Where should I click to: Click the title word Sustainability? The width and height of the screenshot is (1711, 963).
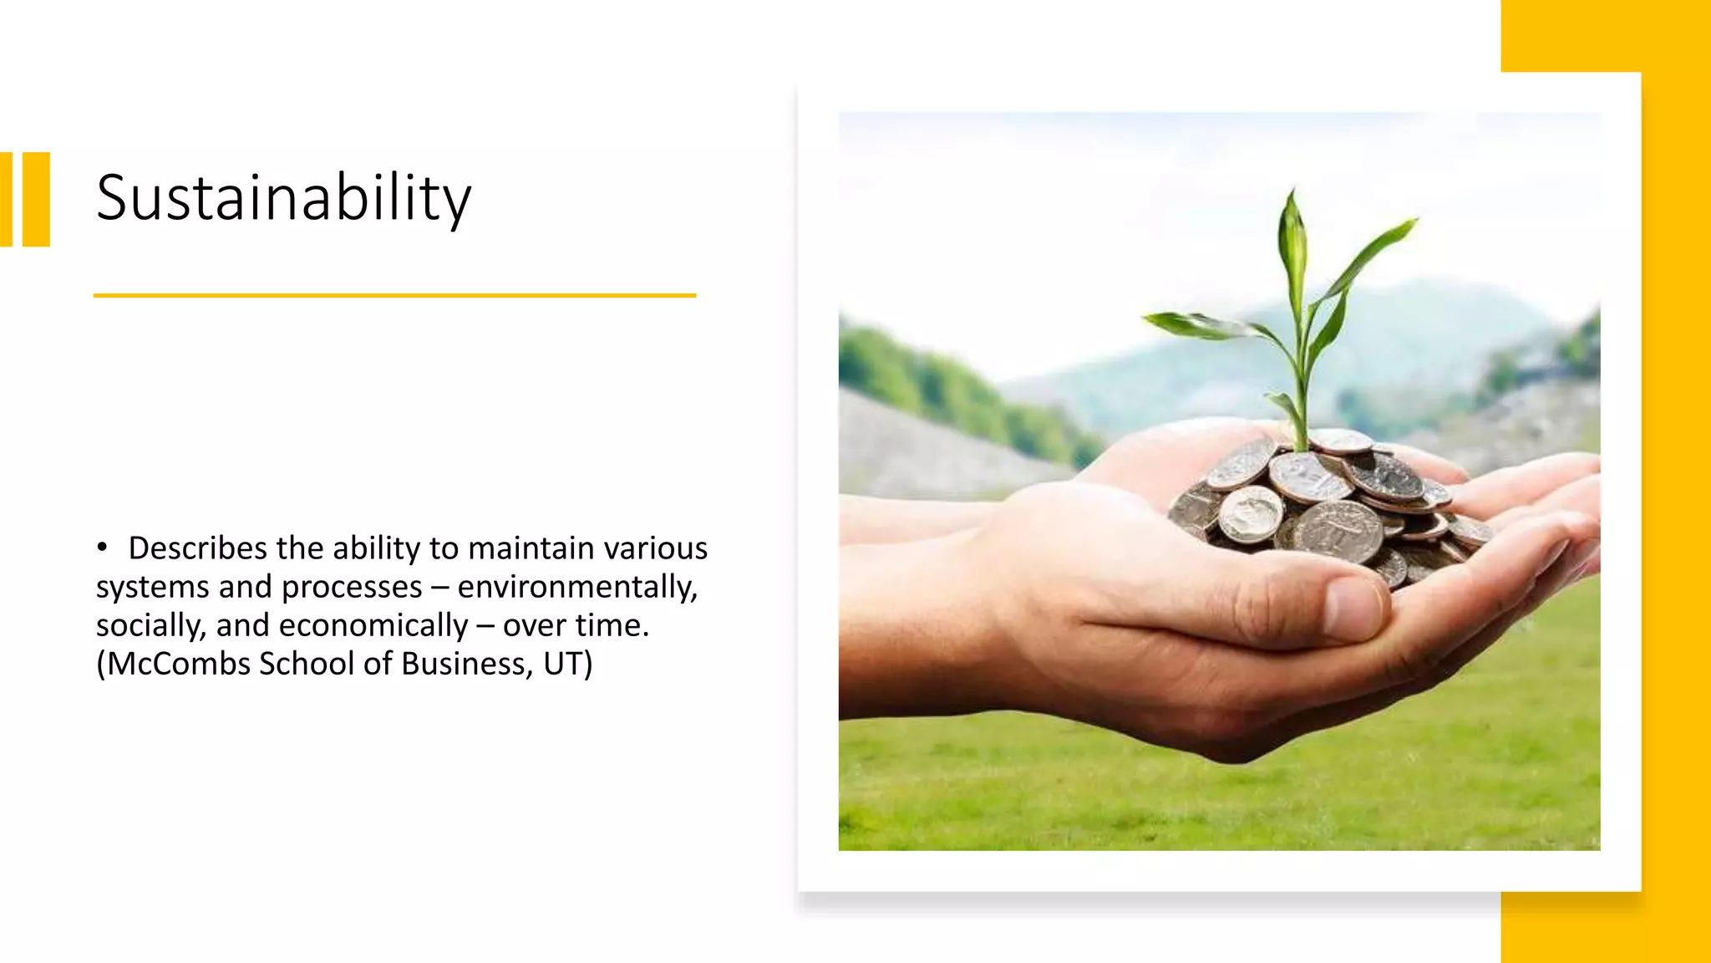(x=283, y=198)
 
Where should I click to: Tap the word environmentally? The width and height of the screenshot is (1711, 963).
(x=576, y=587)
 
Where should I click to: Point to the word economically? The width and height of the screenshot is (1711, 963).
(x=373, y=625)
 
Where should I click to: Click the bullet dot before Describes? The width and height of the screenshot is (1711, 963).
(x=102, y=548)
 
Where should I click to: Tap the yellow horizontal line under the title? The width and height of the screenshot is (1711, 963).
(x=394, y=295)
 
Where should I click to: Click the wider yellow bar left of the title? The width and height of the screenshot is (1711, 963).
(x=36, y=199)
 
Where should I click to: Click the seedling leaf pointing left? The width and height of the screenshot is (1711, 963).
(x=1186, y=322)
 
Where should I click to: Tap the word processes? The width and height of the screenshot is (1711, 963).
(x=352, y=587)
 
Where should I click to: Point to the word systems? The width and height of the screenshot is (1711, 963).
(x=152, y=587)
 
